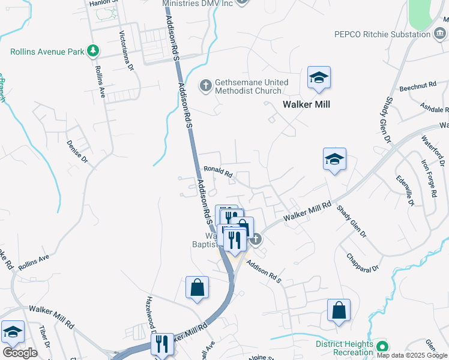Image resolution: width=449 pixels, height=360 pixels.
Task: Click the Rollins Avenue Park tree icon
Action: pyautogui.click(x=92, y=51)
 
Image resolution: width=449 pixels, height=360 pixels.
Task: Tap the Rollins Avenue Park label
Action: pyautogui.click(x=47, y=52)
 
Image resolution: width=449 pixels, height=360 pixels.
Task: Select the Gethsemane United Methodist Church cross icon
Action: pyautogui.click(x=205, y=84)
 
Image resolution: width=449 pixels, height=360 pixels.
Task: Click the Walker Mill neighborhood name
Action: pyautogui.click(x=307, y=105)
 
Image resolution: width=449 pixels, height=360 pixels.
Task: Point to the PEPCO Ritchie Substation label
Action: pyautogui.click(x=382, y=34)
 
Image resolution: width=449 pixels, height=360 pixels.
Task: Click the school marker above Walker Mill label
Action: pyautogui.click(x=319, y=77)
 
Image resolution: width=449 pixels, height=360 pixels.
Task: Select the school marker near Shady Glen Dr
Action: pyautogui.click(x=334, y=159)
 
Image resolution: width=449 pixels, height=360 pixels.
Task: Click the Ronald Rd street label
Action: pyautogui.click(x=218, y=172)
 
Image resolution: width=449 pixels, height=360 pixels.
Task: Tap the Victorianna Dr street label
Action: pyautogui.click(x=126, y=50)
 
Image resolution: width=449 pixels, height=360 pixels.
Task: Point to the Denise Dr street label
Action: pyautogui.click(x=77, y=152)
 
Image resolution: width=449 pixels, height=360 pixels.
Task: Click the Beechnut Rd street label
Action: pyautogui.click(x=417, y=85)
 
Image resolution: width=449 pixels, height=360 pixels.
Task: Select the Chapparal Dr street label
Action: pyautogui.click(x=363, y=262)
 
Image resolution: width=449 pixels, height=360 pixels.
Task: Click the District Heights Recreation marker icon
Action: pyautogui.click(x=382, y=347)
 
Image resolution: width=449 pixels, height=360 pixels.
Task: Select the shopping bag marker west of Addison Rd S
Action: pyautogui.click(x=197, y=287)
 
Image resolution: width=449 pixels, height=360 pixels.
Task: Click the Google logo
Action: pyautogui.click(x=20, y=353)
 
